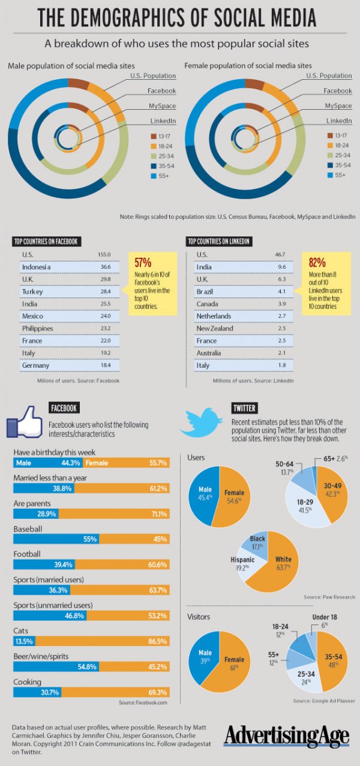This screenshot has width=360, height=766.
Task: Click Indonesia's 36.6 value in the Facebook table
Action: click(x=105, y=268)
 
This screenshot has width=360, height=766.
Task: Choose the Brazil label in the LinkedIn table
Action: click(x=206, y=292)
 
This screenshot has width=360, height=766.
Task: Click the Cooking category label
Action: click(x=28, y=682)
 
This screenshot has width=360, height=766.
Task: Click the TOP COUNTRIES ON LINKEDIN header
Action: click(x=219, y=242)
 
